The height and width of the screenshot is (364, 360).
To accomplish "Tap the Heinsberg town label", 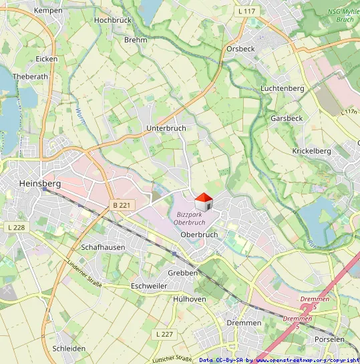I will (40, 183).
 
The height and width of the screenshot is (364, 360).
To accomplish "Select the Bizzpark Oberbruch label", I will (190, 218).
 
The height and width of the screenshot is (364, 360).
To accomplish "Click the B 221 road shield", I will (121, 205).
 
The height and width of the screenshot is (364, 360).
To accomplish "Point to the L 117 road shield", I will (247, 11).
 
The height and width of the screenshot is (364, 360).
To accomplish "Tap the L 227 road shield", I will (164, 333).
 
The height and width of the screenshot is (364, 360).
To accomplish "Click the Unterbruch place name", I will (166, 127).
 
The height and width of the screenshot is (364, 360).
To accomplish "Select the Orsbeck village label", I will (240, 49).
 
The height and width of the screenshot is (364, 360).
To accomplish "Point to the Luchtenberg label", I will (283, 88).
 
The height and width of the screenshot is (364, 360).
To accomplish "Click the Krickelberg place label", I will (311, 151).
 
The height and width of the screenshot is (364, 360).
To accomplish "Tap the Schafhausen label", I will (103, 246).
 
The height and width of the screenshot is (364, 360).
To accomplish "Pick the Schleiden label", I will (69, 349).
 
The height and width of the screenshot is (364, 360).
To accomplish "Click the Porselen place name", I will (330, 339).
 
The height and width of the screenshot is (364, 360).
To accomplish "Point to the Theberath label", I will (31, 77).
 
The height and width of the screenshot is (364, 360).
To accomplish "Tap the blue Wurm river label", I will (80, 118).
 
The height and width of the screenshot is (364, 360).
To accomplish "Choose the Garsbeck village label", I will (287, 118).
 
